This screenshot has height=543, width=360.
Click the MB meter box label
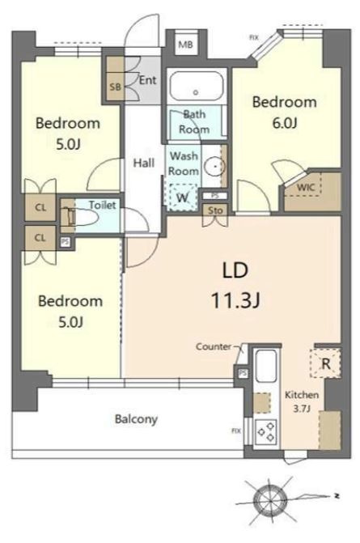point(185,45)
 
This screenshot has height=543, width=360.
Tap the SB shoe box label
point(116,87)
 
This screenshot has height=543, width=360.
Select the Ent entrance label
point(147,80)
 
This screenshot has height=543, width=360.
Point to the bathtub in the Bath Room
point(196,86)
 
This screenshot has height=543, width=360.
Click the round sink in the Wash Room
point(215,167)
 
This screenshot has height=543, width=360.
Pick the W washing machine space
point(183,197)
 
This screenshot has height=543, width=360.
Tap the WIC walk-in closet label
point(306,188)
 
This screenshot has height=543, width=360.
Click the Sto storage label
point(215,210)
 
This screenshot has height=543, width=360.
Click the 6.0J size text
point(285,123)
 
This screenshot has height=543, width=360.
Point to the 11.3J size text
point(235,300)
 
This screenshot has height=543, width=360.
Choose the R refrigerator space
point(326,363)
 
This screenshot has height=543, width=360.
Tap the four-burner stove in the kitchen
point(265,432)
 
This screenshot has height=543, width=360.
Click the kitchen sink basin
point(265,367)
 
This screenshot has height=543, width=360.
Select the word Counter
point(214,346)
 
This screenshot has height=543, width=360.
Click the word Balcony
point(136,419)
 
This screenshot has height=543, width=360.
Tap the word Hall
point(144,163)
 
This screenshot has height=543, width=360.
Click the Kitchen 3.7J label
point(302,401)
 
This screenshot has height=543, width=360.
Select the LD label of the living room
point(235,270)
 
